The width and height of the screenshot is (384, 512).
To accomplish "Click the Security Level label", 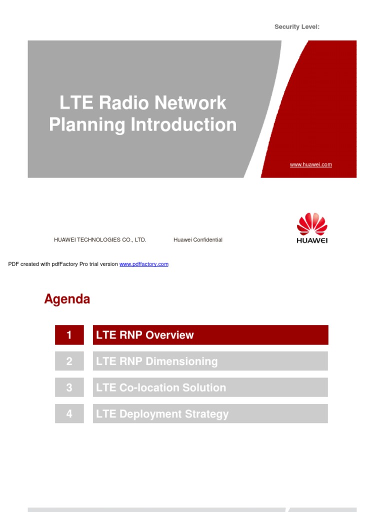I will (296, 27).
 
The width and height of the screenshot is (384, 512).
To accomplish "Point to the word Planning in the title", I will (87, 124).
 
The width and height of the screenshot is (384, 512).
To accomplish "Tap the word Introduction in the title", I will (183, 124).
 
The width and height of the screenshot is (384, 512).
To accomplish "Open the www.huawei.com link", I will (310, 164).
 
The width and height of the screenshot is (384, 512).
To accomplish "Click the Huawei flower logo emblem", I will (312, 224).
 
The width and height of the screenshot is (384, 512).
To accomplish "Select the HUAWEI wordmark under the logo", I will (312, 240).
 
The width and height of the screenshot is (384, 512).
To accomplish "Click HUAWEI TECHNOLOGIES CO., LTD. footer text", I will (100, 240).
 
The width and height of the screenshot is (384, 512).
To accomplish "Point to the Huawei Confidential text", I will (198, 240).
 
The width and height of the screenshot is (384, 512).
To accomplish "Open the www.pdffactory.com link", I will (144, 264).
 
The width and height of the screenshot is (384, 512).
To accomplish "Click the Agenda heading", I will (67, 299).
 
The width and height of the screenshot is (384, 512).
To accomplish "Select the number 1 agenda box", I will (69, 335).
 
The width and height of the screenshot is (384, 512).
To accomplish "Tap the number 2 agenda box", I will (69, 361).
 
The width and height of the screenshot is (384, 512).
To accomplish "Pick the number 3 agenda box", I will (69, 387).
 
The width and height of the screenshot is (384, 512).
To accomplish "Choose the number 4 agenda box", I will (69, 414).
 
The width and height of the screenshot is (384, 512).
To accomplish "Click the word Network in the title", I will (190, 103).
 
